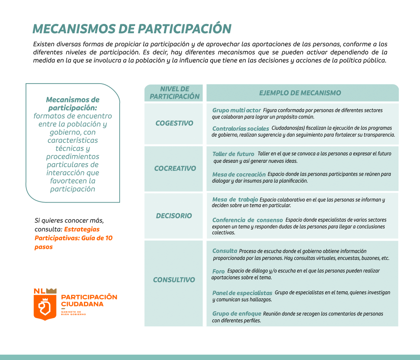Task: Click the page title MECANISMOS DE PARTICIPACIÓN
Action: pyautogui.click(x=132, y=29)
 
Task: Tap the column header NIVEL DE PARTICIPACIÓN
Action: pyautogui.click(x=174, y=93)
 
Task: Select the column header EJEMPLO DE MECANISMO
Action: pyautogui.click(x=300, y=93)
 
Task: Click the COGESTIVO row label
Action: pyautogui.click(x=174, y=123)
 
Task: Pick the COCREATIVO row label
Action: pyautogui.click(x=175, y=168)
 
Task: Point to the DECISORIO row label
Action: pyautogui.click(x=174, y=216)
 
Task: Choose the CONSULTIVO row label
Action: pyautogui.click(x=174, y=280)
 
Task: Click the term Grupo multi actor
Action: pyautogui.click(x=236, y=110)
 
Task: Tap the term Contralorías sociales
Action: pyautogui.click(x=240, y=129)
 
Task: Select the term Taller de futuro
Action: pyautogui.click(x=233, y=154)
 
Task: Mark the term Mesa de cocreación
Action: pyautogui.click(x=239, y=175)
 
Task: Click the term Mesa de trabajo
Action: pyautogui.click(x=235, y=200)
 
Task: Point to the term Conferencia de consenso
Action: pyautogui.click(x=248, y=220)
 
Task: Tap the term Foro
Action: pyautogui.click(x=218, y=271)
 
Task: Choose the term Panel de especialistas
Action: pyautogui.click(x=242, y=293)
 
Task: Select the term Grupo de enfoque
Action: pyautogui.click(x=236, y=314)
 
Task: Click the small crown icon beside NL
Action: pyautogui.click(x=51, y=291)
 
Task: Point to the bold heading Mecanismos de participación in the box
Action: pyautogui.click(x=73, y=103)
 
